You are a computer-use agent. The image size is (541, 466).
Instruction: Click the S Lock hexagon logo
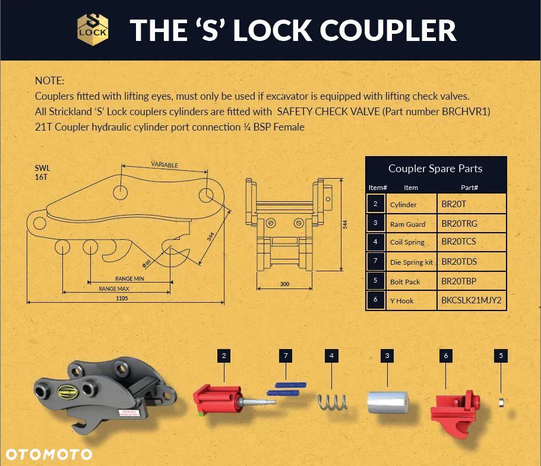point(93,30)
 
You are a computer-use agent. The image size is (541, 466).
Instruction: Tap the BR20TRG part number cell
point(459,224)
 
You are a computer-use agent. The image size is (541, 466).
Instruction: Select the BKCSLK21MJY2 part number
point(472,300)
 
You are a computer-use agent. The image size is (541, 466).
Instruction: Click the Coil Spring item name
point(407,242)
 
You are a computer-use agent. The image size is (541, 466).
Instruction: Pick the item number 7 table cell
point(375,261)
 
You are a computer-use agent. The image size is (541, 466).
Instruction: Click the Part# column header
point(469,188)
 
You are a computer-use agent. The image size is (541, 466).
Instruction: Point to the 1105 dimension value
point(122,299)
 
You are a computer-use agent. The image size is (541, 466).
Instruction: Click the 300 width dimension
point(284,284)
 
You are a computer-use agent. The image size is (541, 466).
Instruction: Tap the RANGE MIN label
point(129,278)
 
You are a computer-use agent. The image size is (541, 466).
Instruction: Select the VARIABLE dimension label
point(164,165)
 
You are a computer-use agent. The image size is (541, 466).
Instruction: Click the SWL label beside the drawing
point(42,169)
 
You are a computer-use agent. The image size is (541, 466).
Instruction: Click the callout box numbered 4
point(331,356)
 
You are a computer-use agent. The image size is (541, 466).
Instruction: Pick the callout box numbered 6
point(446,356)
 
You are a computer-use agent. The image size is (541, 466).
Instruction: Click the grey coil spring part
point(332,403)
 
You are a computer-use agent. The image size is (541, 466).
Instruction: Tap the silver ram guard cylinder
point(387,402)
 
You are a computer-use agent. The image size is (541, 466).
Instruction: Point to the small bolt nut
point(501,402)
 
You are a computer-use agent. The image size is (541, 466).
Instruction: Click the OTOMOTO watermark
point(49,454)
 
